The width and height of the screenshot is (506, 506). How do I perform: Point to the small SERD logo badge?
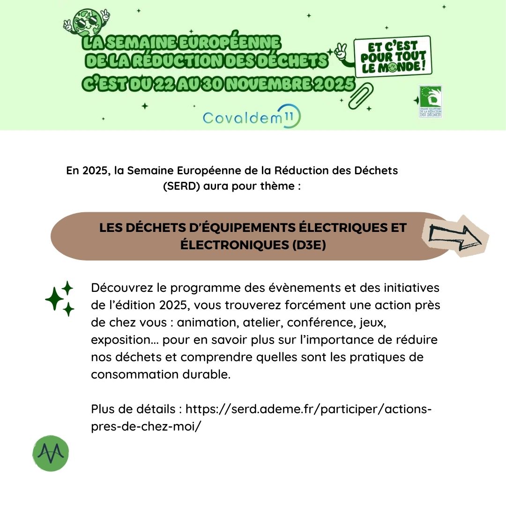click(431, 101)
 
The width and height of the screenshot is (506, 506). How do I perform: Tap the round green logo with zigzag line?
click(51, 453)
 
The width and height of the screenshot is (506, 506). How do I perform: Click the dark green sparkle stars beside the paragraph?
click(60, 298)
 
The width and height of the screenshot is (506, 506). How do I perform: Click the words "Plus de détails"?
click(134, 409)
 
